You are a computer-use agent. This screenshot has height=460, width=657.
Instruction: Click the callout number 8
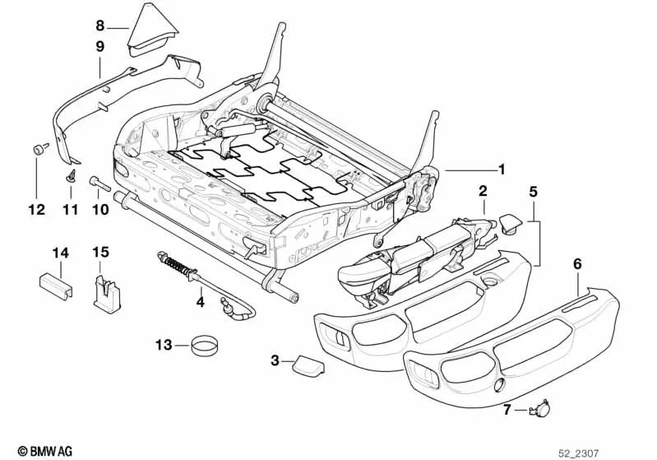coord(100,25)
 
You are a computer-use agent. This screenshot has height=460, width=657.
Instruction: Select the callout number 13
coord(161,344)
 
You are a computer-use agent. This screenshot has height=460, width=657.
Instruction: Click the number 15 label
coord(100,251)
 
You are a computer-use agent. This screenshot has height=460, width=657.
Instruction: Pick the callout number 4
coord(200,303)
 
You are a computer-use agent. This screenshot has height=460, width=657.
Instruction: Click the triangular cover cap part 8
coord(156,30)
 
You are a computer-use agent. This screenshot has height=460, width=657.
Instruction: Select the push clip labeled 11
coord(70,174)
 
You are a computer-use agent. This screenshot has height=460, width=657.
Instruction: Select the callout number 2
coord(483,191)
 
